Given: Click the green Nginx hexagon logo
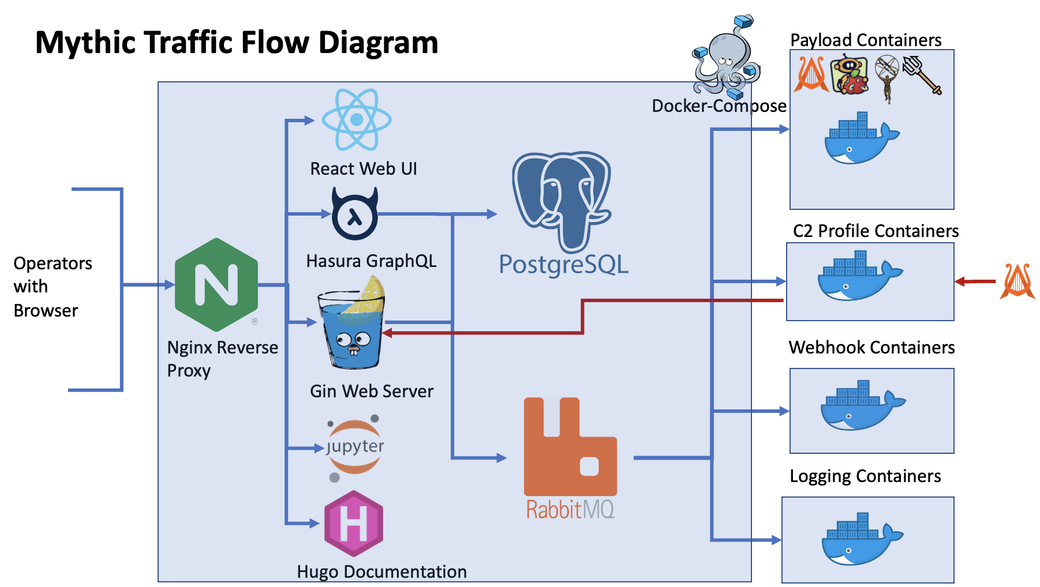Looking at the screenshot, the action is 216,285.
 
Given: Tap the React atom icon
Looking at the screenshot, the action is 357,119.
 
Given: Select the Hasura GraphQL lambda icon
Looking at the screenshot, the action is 355,214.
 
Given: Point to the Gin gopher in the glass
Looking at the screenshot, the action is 351,323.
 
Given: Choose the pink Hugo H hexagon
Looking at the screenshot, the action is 354,524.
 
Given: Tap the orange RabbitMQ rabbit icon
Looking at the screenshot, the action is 570,446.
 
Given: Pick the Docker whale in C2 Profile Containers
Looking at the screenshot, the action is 860,276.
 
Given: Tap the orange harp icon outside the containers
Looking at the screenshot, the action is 1017,281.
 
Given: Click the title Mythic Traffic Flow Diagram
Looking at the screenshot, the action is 237,43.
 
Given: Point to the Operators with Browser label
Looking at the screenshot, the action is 53,287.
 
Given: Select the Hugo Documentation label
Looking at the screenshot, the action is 381,571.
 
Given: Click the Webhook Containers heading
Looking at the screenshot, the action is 871,347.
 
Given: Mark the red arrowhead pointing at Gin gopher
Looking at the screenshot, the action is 387,333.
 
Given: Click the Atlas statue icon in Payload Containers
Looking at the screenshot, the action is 886,79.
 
